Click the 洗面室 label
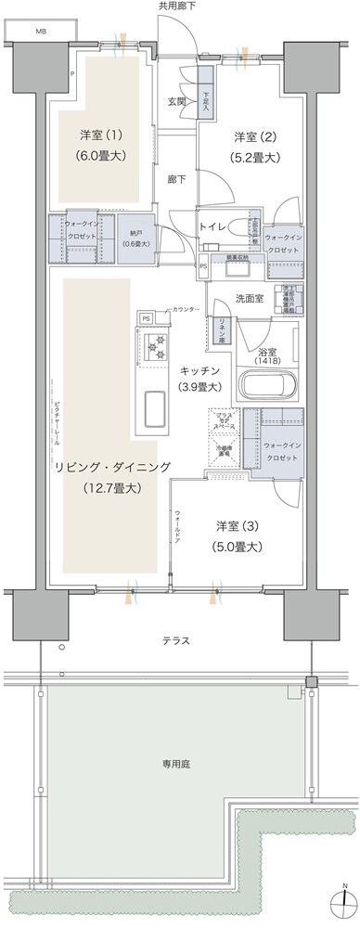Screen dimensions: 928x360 [250, 299]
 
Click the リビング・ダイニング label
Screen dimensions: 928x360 [109, 476]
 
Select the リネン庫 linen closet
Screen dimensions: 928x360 [223, 330]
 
